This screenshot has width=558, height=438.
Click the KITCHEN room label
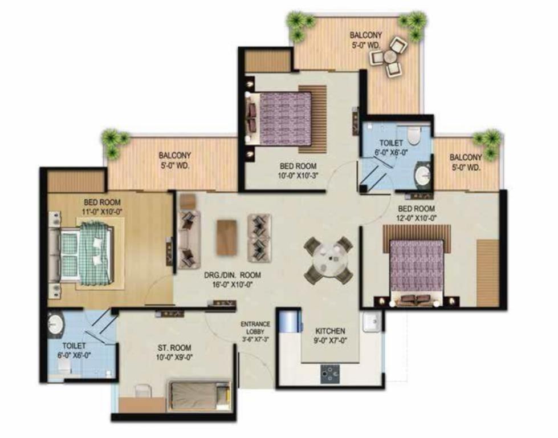pyautogui.click(x=330, y=331)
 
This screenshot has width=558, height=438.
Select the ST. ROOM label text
pyautogui.click(x=174, y=347)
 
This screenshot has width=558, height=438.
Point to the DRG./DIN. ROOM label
pyautogui.click(x=233, y=275)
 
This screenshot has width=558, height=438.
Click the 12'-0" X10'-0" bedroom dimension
pyautogui.click(x=417, y=218)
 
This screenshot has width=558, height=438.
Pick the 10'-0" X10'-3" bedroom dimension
pyautogui.click(x=298, y=175)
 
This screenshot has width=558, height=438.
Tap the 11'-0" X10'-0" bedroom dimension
pyautogui.click(x=102, y=212)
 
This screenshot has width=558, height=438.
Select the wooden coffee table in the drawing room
pyautogui.click(x=227, y=237)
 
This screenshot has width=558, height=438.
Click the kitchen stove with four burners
pyautogui.click(x=330, y=374)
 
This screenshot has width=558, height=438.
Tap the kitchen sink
pyautogui.click(x=372, y=322)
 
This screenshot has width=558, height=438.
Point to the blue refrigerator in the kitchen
pyautogui.click(x=290, y=322)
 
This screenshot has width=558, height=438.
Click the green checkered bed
pyautogui.click(x=87, y=253)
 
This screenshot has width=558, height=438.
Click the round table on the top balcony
pyautogui.click(x=390, y=56)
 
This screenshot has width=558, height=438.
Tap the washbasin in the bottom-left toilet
pyautogui.click(x=55, y=324)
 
